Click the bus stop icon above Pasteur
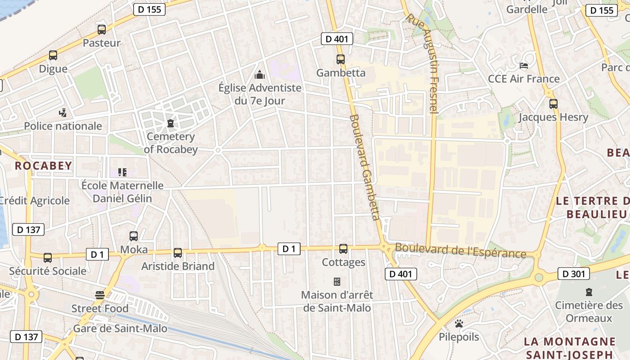tap(102, 30)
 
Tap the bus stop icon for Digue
tap(53, 55)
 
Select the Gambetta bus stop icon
tap(340, 59)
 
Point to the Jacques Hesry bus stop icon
tap(553, 104)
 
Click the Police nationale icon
tap(63, 112)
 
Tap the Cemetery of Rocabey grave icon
tap(170, 123)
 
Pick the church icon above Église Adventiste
tap(260, 74)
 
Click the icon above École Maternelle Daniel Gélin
tap(122, 172)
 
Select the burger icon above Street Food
tap(100, 295)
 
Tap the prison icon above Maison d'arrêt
tap(337, 282)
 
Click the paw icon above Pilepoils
tap(459, 324)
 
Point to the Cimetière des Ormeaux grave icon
tap(588, 292)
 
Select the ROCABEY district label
tap(43, 166)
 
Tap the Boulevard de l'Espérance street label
tap(460, 251)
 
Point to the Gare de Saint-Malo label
tap(120, 328)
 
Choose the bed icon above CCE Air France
tap(523, 66)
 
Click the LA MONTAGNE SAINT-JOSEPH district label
tap(570, 348)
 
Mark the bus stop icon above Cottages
tap(343, 248)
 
